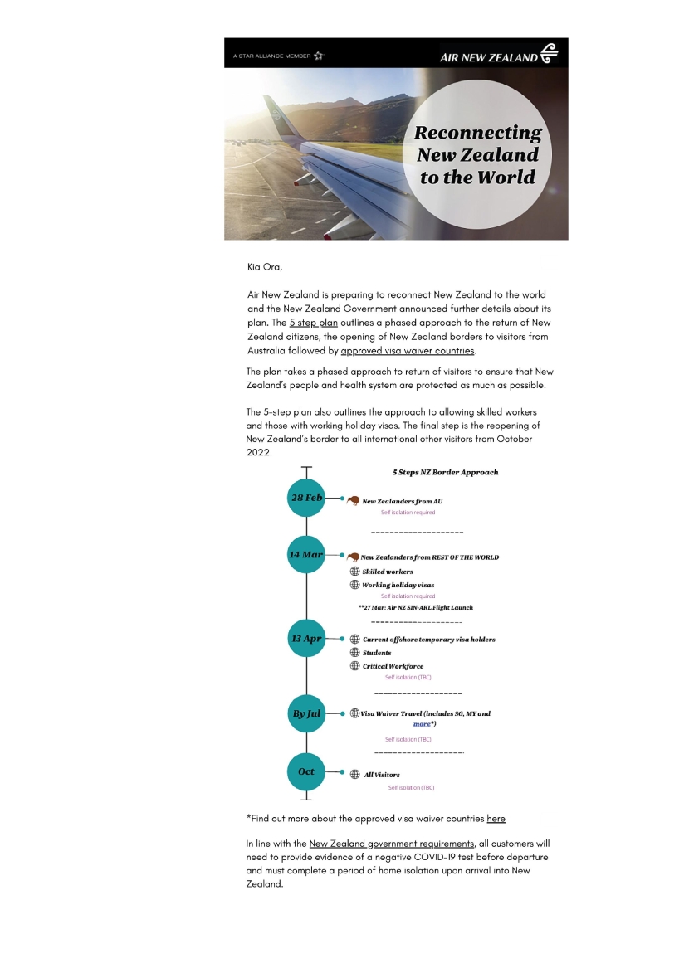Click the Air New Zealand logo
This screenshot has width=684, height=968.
tap(499, 56)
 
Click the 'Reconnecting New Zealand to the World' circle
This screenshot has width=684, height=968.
tap(476, 155)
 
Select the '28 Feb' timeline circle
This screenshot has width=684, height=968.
tap(306, 498)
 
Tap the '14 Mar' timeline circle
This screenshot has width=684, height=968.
tap(306, 554)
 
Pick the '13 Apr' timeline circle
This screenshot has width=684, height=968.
tap(306, 639)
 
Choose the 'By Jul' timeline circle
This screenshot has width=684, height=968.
tap(306, 713)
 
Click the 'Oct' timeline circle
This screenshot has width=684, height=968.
tap(306, 771)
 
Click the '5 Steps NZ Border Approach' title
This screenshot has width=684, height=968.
tap(446, 472)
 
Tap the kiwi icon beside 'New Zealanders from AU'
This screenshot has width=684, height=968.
tap(353, 500)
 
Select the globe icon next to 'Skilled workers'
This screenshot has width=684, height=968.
tap(354, 571)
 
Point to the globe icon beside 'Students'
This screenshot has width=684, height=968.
tap(354, 653)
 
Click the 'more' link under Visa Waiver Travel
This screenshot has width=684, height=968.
tap(422, 724)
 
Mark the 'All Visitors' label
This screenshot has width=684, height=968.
tap(382, 775)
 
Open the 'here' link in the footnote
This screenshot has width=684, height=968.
tap(496, 819)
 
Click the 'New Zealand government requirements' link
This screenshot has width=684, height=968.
tap(391, 844)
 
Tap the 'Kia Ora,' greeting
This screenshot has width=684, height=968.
tap(265, 267)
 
